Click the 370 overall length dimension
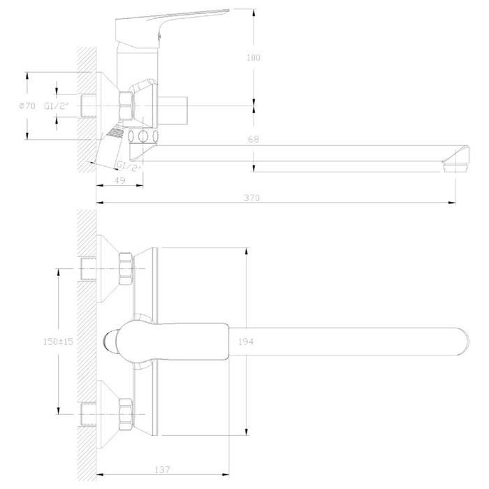pyautogui.click(x=251, y=198)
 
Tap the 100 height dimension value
pyautogui.click(x=253, y=57)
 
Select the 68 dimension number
pyautogui.click(x=254, y=139)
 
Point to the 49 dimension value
pyautogui.click(x=119, y=180)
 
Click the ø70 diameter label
pyautogui.click(x=27, y=105)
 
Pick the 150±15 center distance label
pyautogui.click(x=58, y=342)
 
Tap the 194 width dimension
pyautogui.click(x=246, y=342)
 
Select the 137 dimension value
pyautogui.click(x=163, y=469)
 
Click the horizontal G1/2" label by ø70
pyautogui.click(x=56, y=105)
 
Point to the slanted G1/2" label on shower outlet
pyautogui.click(x=129, y=166)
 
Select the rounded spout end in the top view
pyautogui.click(x=462, y=342)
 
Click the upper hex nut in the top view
pyautogui.click(x=126, y=268)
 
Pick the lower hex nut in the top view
pyautogui.click(x=126, y=414)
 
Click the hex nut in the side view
pyautogui.click(x=126, y=105)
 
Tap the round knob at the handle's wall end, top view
pyautogui.click(x=110, y=342)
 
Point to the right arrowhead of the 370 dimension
pyautogui.click(x=451, y=203)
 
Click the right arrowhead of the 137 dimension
pyautogui.click(x=225, y=474)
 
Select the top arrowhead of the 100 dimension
pyautogui.click(x=254, y=13)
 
